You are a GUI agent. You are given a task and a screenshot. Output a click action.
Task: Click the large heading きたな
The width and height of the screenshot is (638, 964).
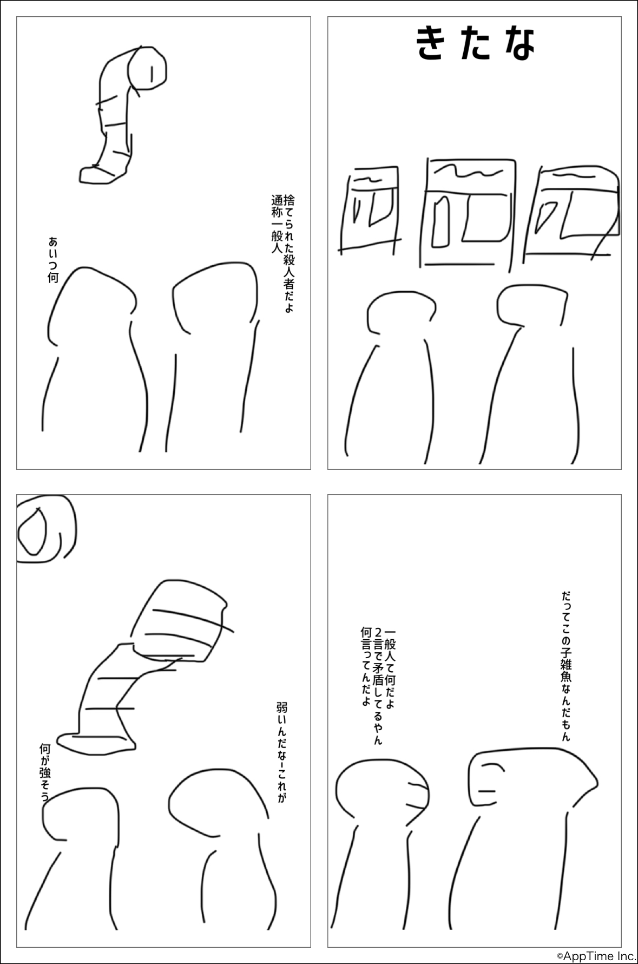(x=476, y=44)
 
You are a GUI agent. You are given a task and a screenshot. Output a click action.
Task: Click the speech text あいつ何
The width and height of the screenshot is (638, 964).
(x=52, y=259)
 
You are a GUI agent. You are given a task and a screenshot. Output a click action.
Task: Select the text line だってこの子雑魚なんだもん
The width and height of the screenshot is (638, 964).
(x=565, y=666)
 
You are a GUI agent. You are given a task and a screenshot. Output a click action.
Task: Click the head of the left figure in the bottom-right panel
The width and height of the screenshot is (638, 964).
(x=382, y=790)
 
